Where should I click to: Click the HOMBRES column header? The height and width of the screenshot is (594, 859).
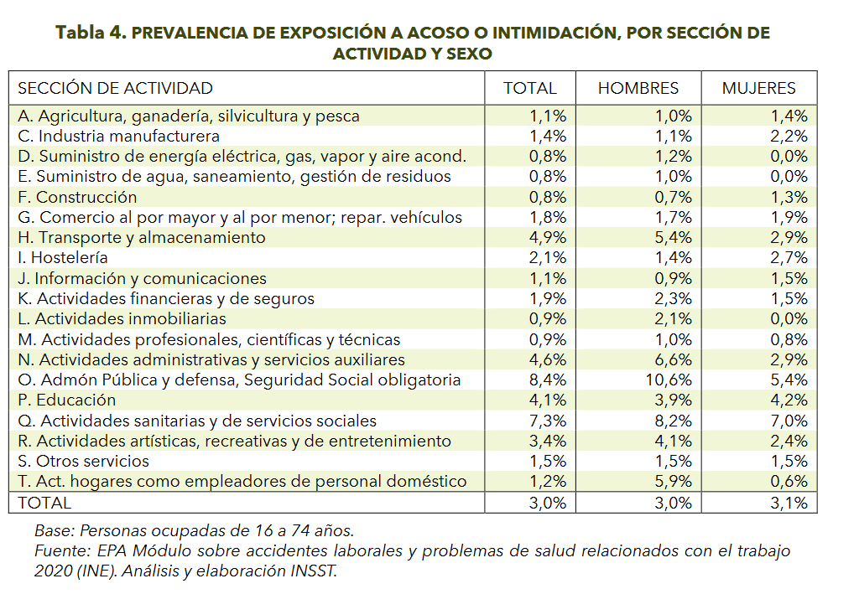[638, 88]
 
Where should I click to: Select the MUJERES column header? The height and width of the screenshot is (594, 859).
[758, 88]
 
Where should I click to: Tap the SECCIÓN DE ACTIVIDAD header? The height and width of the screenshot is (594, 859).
[115, 88]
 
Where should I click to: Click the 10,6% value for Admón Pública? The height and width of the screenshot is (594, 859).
[669, 380]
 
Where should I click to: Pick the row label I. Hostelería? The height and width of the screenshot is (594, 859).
[62, 257]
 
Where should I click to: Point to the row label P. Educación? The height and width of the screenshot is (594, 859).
[66, 400]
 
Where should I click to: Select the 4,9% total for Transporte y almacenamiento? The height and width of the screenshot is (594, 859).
[547, 237]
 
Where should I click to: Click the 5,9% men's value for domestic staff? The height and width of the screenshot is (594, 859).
[674, 482]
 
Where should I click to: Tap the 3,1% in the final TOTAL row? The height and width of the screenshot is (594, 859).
[789, 503]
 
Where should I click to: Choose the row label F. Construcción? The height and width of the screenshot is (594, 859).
[77, 197]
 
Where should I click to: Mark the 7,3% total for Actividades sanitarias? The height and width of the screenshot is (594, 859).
[547, 421]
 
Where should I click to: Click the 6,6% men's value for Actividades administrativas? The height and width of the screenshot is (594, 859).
[674, 360]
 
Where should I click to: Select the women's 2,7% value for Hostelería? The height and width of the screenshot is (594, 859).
[789, 257]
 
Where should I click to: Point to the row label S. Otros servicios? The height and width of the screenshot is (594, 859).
[83, 461]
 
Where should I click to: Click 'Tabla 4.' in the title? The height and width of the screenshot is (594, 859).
[91, 33]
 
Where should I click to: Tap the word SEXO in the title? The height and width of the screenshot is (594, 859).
[469, 54]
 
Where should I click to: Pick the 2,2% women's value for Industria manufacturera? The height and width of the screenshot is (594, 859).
[789, 136]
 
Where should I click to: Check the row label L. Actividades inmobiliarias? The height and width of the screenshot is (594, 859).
[122, 319]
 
